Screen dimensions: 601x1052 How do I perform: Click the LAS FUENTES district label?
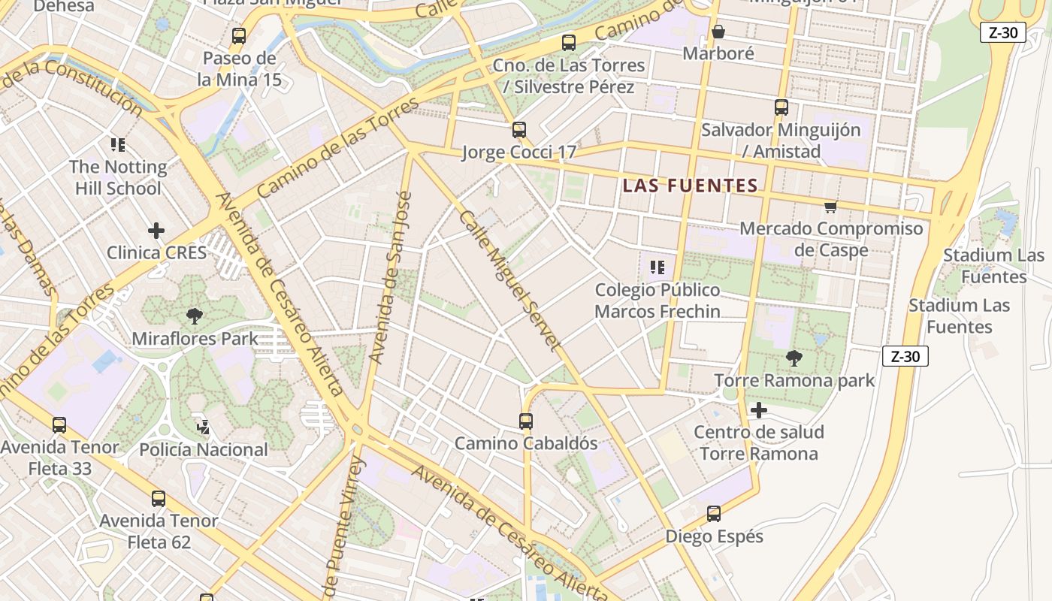coord(690,186)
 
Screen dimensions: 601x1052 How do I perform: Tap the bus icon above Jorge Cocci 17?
coord(518,129)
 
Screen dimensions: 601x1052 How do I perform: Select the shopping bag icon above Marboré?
coord(718,32)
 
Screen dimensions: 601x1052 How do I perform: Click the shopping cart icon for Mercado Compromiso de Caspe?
coord(830,207)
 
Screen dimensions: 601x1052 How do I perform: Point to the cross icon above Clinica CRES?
coord(156,230)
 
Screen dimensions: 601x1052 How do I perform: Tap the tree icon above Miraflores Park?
coord(195,316)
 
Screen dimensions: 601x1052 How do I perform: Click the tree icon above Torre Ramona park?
coord(794,358)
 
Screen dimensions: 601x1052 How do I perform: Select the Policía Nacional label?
coord(204,449)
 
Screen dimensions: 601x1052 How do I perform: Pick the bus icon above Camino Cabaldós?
coord(526,421)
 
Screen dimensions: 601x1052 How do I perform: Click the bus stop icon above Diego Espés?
coord(714,514)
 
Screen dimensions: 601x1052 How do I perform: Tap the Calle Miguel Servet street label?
coord(509,280)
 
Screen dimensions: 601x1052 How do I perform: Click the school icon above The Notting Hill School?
coord(117,144)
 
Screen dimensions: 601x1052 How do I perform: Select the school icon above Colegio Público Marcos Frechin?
coord(657,267)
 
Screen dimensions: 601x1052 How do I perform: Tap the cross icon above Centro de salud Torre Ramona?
coord(759,410)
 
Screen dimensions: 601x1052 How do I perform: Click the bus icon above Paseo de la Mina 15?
coord(239,35)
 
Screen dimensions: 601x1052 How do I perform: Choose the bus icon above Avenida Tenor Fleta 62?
coord(159,498)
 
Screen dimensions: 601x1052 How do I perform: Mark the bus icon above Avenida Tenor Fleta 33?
coord(59,425)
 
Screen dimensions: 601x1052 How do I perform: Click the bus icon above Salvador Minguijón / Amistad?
coord(781,107)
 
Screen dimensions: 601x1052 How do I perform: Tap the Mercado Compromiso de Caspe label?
coord(831,239)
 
